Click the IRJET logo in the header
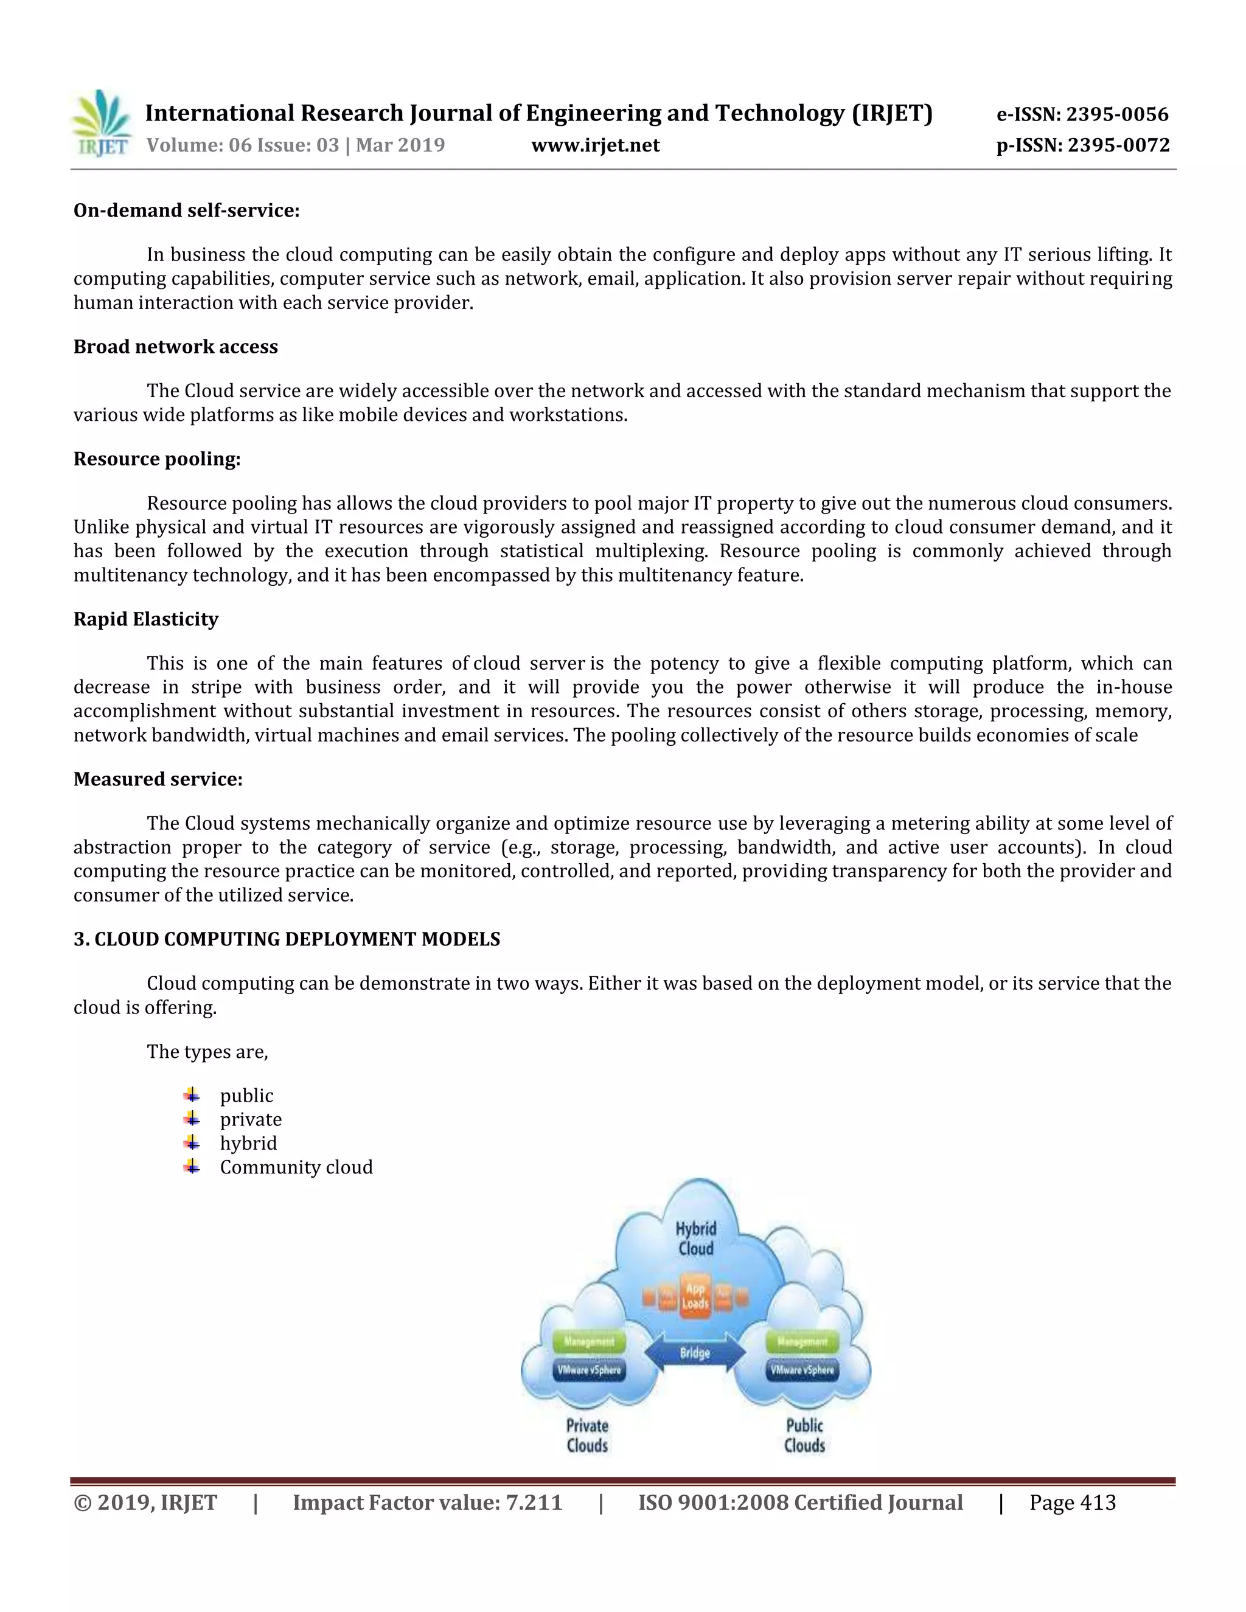pyautogui.click(x=102, y=123)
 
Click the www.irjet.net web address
pyautogui.click(x=595, y=145)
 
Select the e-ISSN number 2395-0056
pyautogui.click(x=1083, y=114)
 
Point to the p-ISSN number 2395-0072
pyautogui.click(x=1083, y=145)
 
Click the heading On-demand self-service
pyautogui.click(x=186, y=210)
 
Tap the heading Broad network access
pyautogui.click(x=176, y=347)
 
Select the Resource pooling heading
pyautogui.click(x=157, y=459)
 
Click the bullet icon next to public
pyautogui.click(x=192, y=1096)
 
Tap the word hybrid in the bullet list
pyautogui.click(x=248, y=1144)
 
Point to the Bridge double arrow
pyautogui.click(x=695, y=1352)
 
